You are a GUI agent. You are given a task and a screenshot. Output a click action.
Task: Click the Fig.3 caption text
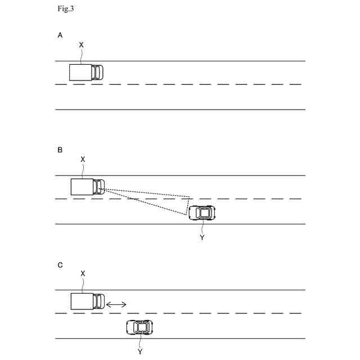coord(66,8)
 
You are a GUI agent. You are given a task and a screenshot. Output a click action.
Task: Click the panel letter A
coord(60,35)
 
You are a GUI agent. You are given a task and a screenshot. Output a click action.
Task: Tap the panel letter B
coord(60,150)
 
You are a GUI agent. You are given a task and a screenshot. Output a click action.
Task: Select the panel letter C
coord(60,264)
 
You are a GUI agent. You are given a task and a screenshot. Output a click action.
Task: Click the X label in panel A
coord(82,44)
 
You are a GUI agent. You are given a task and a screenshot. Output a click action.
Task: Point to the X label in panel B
coord(83,159)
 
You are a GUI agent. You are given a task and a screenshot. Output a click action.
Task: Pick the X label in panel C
coord(83,273)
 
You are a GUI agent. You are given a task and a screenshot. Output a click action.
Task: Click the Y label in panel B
coord(202,238)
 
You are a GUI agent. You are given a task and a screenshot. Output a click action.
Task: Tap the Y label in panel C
coord(140,352)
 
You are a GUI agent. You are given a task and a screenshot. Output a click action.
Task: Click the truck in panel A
coord(87,73)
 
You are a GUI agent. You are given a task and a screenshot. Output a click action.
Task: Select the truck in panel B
coord(88,187)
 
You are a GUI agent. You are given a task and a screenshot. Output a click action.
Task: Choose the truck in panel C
coord(88,301)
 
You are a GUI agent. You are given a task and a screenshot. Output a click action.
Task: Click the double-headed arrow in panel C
coord(116,304)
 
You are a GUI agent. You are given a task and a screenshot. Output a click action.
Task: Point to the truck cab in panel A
coord(98,73)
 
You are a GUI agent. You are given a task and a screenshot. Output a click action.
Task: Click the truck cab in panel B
coord(100,187)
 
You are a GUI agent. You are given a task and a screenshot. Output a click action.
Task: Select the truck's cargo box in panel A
coord(80,73)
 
